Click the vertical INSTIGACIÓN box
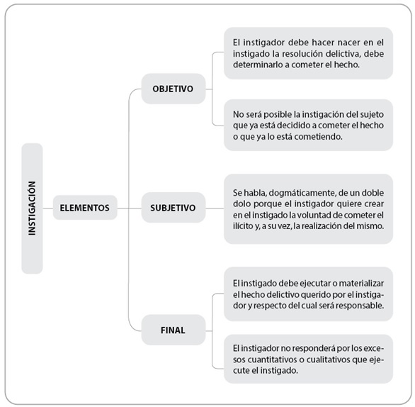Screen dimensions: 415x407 [32, 208]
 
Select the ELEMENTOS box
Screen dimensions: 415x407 [85, 208]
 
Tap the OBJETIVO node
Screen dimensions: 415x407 [174, 89]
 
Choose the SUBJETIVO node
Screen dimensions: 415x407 [174, 208]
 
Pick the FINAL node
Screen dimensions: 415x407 [174, 330]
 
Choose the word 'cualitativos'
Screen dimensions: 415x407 [328, 359]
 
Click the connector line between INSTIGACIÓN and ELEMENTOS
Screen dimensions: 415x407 [48, 208]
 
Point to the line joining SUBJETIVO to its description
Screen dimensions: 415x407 [215, 208]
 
